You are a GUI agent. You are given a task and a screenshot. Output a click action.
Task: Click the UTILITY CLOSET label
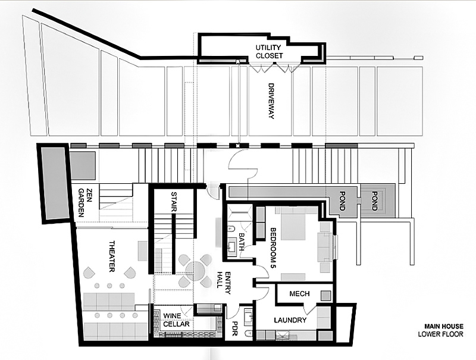[x=269, y=52]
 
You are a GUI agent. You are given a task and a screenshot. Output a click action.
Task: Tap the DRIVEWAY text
[x=271, y=101]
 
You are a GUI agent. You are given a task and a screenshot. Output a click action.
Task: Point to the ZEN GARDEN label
[x=84, y=202]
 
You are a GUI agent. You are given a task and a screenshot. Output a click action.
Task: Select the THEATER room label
[x=112, y=256]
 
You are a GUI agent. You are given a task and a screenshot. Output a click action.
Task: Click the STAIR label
[x=174, y=202]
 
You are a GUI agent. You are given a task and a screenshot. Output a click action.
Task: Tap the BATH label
[x=242, y=242]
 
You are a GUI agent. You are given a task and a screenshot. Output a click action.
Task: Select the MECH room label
[x=299, y=294]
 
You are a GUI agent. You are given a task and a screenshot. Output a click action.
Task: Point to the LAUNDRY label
[x=290, y=320]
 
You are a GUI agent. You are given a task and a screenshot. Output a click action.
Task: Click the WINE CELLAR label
[x=176, y=320]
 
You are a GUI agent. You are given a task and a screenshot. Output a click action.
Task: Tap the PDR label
[x=234, y=328]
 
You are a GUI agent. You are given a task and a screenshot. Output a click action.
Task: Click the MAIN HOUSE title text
[x=444, y=327]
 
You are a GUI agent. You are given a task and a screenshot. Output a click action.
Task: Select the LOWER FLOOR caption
[x=440, y=334]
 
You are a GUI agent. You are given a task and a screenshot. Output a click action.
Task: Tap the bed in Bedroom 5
[x=293, y=223]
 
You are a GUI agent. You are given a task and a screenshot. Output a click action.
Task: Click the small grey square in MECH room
[x=326, y=295]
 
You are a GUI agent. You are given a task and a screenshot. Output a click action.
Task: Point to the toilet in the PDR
[x=248, y=333]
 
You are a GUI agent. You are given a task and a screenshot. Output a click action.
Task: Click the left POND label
[x=342, y=201]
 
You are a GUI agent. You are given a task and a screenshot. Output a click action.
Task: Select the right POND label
[x=375, y=201]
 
